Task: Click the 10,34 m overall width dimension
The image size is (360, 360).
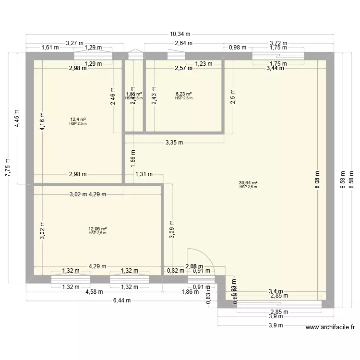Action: click(180, 34)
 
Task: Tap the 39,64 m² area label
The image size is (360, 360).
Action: click(248, 183)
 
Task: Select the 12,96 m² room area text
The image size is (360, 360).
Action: click(97, 229)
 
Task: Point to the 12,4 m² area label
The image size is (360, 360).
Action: click(78, 120)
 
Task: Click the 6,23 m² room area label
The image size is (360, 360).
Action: click(184, 94)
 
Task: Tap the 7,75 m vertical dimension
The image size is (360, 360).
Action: click(8, 167)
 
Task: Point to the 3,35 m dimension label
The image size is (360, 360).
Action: click(175, 143)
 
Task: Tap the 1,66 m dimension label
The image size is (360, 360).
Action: click(133, 157)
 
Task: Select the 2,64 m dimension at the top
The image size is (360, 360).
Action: click(183, 43)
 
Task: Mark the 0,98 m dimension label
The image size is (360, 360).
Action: click(237, 47)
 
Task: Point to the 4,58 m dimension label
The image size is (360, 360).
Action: click(94, 291)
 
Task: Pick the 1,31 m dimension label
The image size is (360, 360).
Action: click(144, 175)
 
